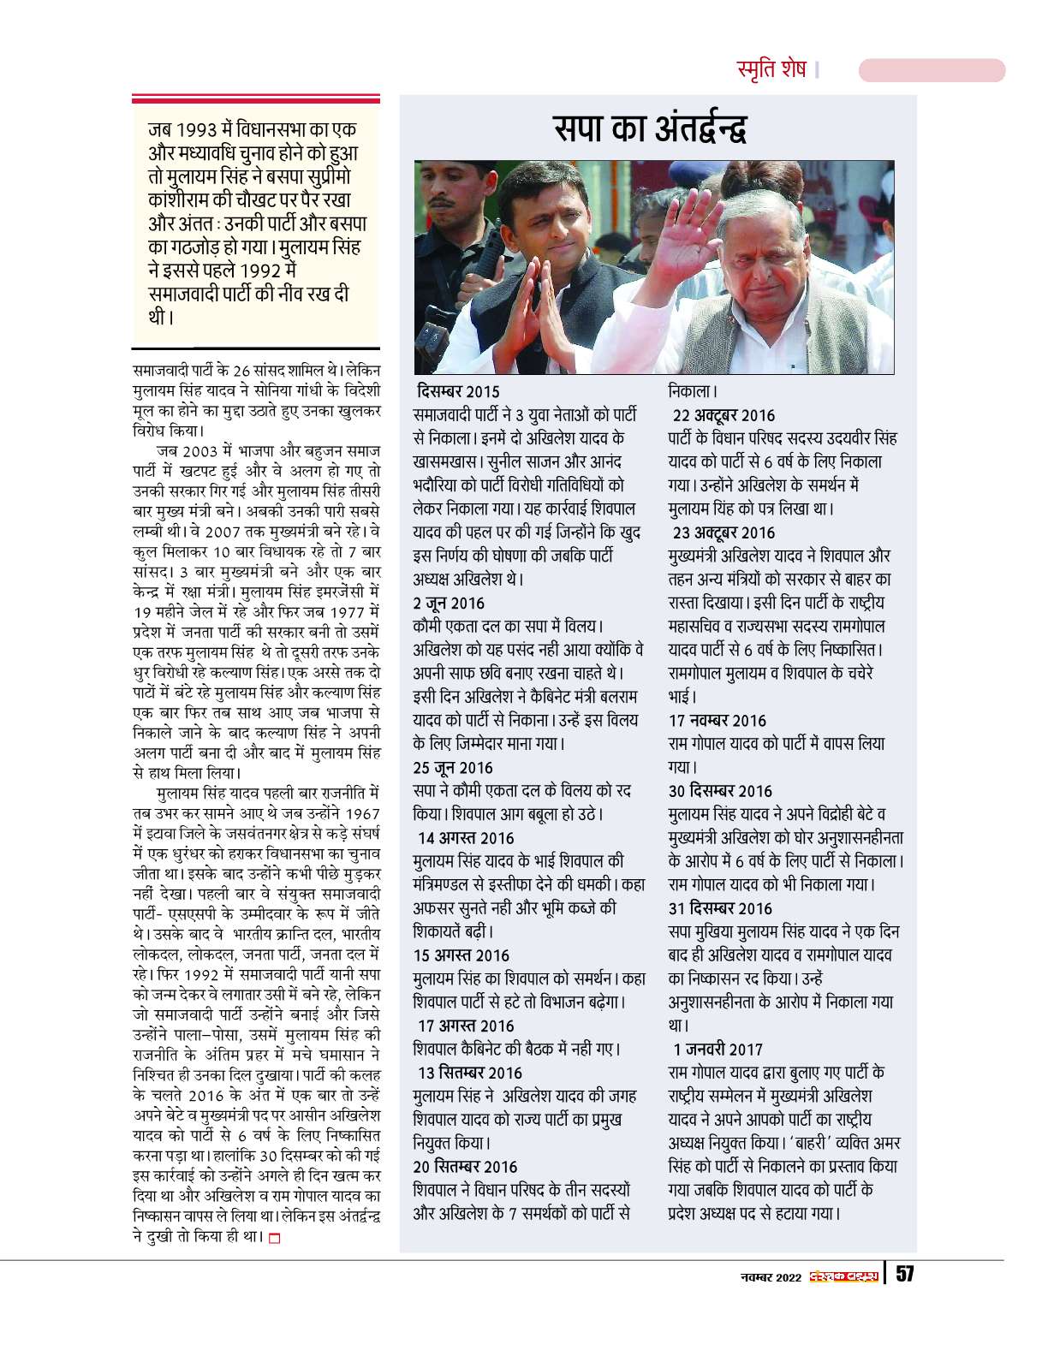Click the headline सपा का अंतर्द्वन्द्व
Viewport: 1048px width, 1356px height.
650,129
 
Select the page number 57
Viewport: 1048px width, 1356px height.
904,1274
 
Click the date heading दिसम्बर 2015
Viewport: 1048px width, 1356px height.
458,391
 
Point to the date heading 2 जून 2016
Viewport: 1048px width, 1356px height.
449,603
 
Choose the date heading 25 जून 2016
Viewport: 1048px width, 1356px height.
453,767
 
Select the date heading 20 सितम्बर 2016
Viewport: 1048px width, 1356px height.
465,1167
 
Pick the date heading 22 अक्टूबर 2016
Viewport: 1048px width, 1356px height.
723,415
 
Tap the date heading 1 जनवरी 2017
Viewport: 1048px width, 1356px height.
718,1049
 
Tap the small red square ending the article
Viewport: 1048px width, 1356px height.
274,1237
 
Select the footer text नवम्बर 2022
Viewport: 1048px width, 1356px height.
771,1277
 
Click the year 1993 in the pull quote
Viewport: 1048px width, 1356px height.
198,131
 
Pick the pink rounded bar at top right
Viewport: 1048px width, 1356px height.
932,70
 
